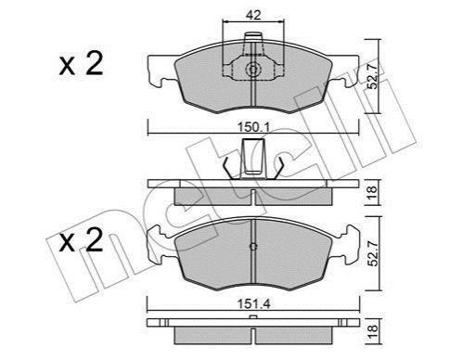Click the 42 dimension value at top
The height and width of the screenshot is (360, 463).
click(253, 15)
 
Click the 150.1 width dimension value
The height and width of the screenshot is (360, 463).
click(253, 127)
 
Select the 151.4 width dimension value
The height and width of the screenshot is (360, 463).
click(253, 304)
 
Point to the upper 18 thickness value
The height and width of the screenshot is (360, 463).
click(372, 193)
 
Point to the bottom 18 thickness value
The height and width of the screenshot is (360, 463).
click(372, 331)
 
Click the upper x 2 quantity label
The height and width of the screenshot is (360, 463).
click(81, 64)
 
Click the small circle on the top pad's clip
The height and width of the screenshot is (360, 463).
click(253, 70)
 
